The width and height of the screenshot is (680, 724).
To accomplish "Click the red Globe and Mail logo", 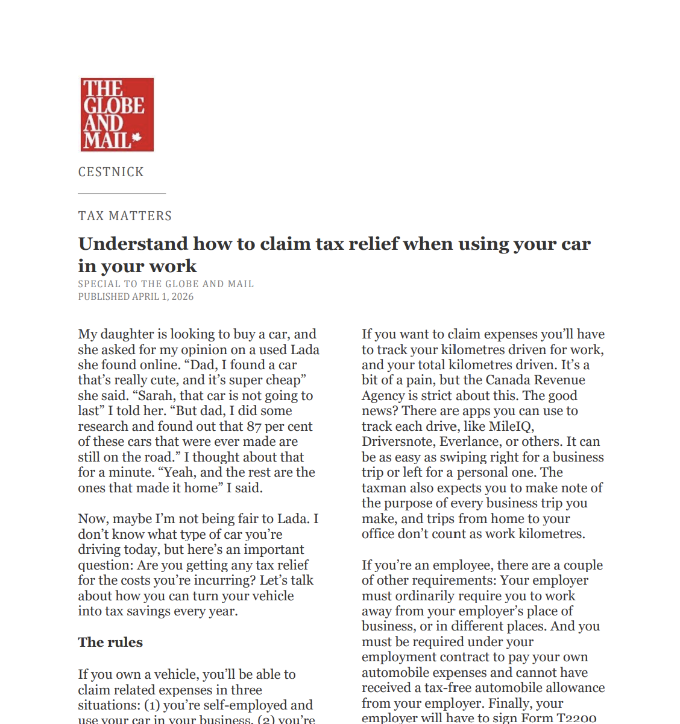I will click(x=117, y=114).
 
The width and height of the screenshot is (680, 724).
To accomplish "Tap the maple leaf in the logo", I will click(x=137, y=138).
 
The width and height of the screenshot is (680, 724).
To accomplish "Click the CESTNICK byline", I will click(x=111, y=172).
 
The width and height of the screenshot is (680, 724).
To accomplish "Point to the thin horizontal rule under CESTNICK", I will click(x=122, y=193).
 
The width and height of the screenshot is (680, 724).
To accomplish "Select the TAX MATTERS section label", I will click(x=125, y=216).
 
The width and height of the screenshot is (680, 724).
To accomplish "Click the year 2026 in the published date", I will click(x=182, y=297).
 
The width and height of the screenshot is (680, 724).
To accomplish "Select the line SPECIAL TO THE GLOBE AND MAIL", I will click(x=166, y=284).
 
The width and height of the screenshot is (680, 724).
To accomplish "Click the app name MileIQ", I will click(x=509, y=427).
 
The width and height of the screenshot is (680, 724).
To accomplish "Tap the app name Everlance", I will click(x=468, y=442).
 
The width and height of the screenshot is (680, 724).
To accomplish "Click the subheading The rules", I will click(x=110, y=642).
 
